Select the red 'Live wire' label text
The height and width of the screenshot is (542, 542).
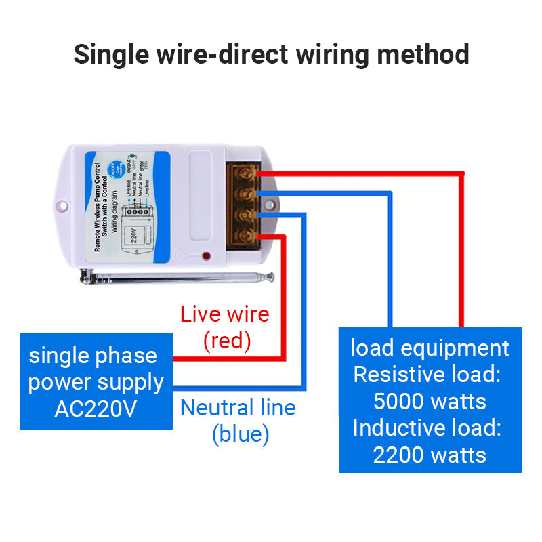(224, 314)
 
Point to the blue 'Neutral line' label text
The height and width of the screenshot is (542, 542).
(238, 408)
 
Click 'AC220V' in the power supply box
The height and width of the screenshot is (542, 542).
(96, 409)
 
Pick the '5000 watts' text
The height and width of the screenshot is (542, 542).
(430, 401)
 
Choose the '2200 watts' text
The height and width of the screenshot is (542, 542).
(430, 454)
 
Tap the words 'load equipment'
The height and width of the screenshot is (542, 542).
(430, 348)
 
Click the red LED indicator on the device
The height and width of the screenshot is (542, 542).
(205, 257)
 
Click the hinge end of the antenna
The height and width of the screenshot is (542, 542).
(85, 276)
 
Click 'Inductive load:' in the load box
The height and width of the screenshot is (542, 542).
(427, 428)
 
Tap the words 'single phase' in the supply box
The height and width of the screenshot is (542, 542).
(93, 356)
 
